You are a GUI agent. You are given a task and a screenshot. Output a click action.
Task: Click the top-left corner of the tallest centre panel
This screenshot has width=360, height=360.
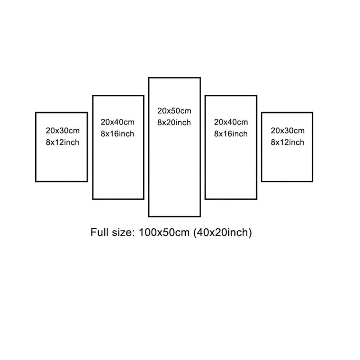(149, 78)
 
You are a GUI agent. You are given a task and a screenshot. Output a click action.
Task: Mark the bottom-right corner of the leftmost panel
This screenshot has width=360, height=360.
(87, 181)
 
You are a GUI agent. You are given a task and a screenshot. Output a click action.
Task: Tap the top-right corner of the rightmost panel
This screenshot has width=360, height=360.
(312, 112)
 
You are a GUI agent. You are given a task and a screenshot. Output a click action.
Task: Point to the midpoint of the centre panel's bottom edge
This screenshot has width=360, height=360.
(175, 216)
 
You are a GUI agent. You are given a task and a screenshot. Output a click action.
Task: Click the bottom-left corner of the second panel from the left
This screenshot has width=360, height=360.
(93, 199)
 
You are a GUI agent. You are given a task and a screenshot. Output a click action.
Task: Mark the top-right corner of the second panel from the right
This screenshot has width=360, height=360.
(256, 95)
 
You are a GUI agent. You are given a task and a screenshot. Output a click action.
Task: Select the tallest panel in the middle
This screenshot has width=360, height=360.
(175, 147)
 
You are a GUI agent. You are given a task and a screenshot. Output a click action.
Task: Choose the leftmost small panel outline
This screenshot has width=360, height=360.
(62, 147)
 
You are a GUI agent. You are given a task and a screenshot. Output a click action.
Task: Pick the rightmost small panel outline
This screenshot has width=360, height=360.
(287, 147)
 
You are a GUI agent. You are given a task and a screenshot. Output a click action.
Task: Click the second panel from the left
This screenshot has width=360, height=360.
(118, 147)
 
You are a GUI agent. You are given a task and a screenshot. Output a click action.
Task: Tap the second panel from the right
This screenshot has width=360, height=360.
(231, 147)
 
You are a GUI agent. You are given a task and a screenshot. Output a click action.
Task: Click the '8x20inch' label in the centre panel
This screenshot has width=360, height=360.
(174, 123)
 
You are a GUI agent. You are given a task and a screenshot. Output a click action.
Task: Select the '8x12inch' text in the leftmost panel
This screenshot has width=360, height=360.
(62, 142)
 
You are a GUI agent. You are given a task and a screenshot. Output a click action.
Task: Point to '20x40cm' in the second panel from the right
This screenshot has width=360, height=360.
(231, 122)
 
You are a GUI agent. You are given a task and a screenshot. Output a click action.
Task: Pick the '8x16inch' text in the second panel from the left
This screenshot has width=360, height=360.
(117, 134)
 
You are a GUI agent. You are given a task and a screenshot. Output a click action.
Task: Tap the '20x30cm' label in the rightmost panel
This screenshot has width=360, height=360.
(287, 131)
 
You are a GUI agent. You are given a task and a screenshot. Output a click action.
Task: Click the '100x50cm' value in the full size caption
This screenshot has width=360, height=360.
(164, 232)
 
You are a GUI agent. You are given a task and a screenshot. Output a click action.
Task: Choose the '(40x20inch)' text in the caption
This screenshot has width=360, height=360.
(222, 232)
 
